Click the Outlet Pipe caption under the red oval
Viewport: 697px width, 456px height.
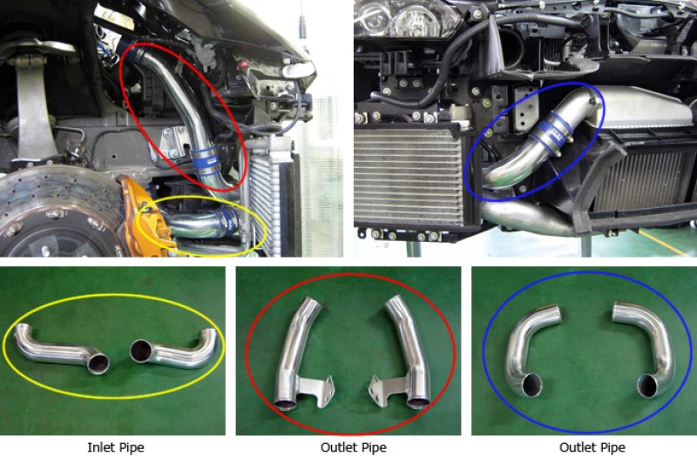[348, 448]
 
